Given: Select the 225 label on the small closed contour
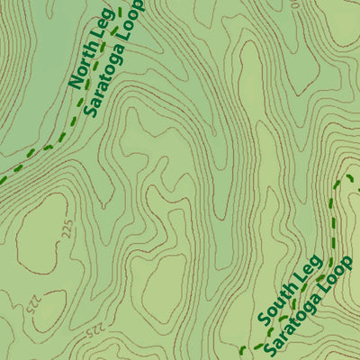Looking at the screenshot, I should [x=33, y=305].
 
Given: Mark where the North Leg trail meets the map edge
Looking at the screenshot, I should [x=3, y=179].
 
